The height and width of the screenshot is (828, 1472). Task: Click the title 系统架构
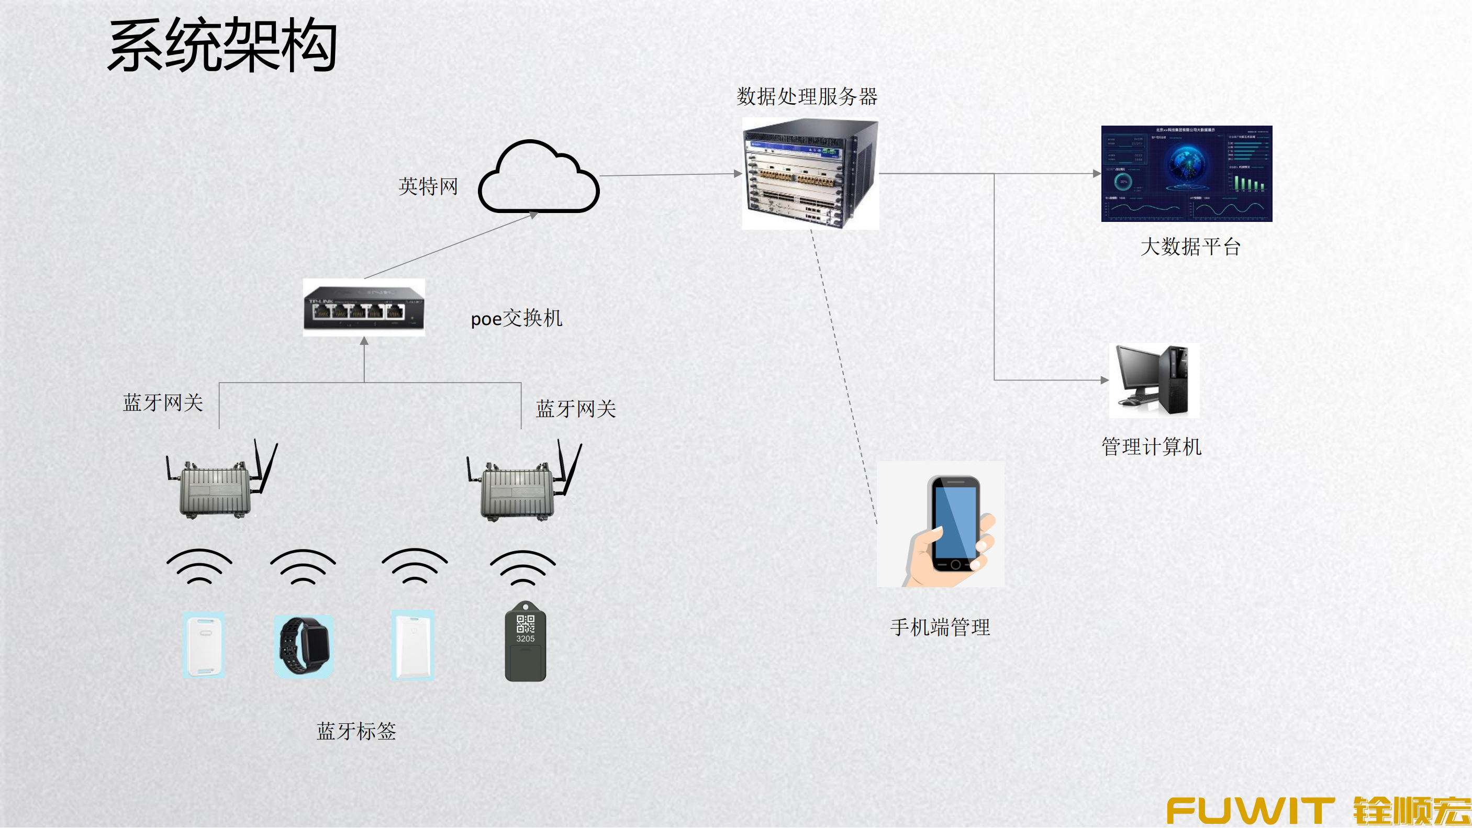click(x=222, y=46)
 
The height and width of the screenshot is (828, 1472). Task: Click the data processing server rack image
click(x=810, y=173)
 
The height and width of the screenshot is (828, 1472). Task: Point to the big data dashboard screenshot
click(x=1186, y=173)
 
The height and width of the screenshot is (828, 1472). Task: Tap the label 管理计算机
click(x=1151, y=446)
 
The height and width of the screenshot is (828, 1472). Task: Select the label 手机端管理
click(x=940, y=627)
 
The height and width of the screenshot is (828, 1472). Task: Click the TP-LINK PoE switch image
click(x=364, y=308)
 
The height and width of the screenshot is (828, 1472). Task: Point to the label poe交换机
click(x=516, y=318)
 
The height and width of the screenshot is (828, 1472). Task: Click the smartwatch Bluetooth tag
click(x=304, y=646)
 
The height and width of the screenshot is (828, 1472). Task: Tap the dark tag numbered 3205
click(x=525, y=643)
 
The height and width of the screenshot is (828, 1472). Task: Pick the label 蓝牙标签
click(x=356, y=731)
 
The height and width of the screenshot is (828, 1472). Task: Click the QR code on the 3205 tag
click(x=525, y=623)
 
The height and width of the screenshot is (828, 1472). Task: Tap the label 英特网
click(x=428, y=186)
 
